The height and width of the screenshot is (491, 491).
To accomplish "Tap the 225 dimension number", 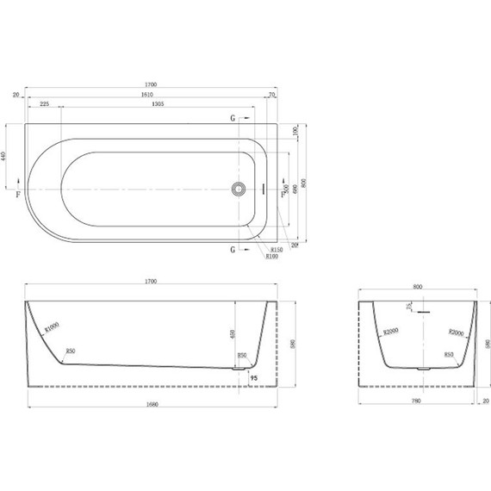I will point(44,103).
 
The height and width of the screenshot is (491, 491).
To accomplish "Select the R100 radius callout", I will point(272,257).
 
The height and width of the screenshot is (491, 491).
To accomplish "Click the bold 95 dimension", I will point(254,376).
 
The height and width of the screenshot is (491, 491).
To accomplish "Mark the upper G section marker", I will point(233,118).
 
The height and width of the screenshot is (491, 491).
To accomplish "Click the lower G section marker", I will point(233,250).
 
